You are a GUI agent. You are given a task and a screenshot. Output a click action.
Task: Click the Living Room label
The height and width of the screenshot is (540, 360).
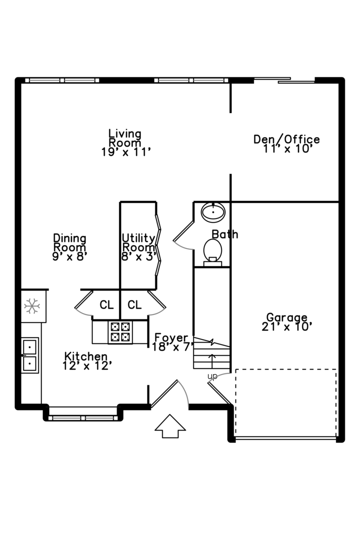click(125, 143)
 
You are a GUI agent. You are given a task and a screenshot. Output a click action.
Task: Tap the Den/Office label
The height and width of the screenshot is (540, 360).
click(286, 144)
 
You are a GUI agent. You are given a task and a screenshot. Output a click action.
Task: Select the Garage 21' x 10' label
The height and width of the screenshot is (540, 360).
click(286, 322)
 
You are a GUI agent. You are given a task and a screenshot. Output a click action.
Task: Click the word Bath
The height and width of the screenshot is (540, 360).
click(224, 234)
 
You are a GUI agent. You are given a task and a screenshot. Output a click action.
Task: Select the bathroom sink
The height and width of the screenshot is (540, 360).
click(213, 212)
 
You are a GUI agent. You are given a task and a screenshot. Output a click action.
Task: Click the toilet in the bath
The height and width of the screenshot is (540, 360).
click(213, 250)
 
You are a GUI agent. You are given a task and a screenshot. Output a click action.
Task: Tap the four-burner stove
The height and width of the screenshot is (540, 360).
click(120, 331)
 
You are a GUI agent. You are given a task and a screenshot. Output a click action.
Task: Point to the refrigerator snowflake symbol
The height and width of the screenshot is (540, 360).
click(32, 305)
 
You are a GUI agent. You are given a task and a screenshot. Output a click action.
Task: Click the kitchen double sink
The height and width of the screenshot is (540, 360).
click(30, 354)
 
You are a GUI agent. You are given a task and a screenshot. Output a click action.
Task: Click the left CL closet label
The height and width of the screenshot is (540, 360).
click(106, 304)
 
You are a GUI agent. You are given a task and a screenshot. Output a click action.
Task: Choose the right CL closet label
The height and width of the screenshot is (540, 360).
click(134, 304)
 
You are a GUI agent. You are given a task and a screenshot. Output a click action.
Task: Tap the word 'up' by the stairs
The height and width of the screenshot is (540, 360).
click(212, 376)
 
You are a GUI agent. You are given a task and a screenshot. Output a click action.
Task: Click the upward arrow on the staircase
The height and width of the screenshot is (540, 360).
click(212, 360)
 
